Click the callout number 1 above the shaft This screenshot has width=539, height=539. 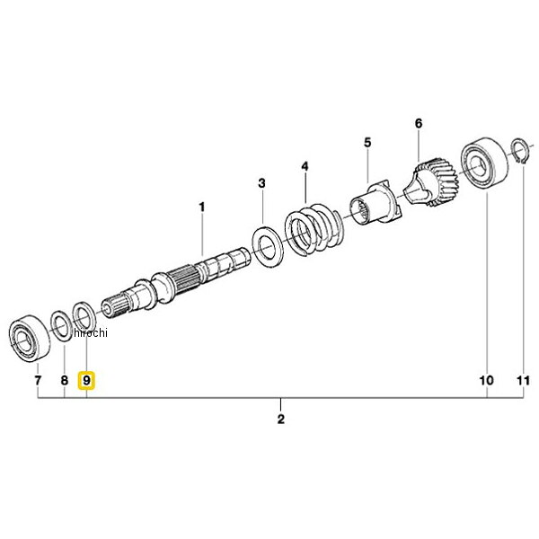pyautogui.click(x=202, y=207)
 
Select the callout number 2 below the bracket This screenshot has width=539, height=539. pyautogui.click(x=281, y=419)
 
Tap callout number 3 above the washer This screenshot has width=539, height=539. pyautogui.click(x=262, y=183)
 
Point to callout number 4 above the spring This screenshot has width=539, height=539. pyautogui.click(x=305, y=167)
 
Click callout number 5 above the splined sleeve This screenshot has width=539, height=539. pyautogui.click(x=367, y=142)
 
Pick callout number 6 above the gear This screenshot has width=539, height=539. pyautogui.click(x=419, y=123)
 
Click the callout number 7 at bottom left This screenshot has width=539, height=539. pyautogui.click(x=38, y=381)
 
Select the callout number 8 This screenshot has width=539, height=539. pyautogui.click(x=65, y=381)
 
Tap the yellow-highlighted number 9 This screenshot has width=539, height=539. pyautogui.click(x=86, y=381)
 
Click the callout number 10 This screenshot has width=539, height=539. pyautogui.click(x=487, y=381)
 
